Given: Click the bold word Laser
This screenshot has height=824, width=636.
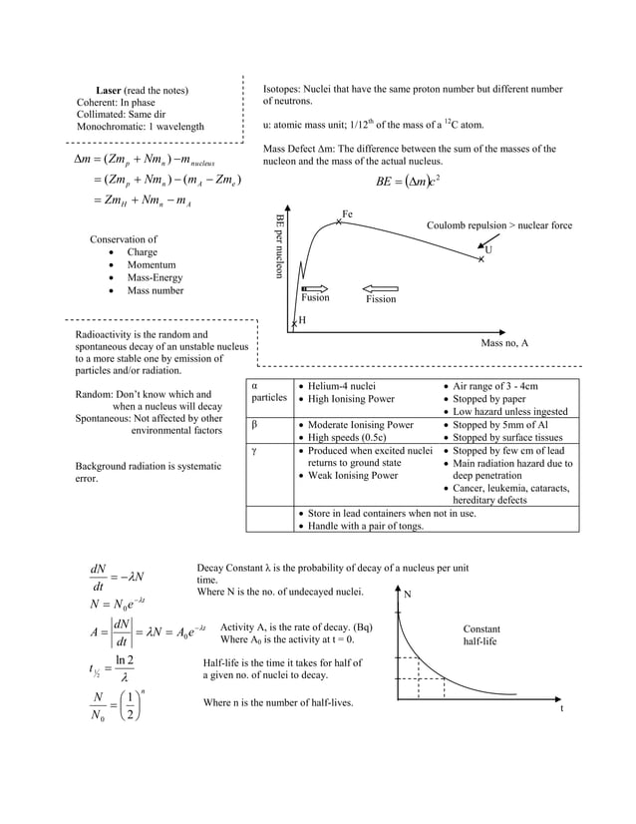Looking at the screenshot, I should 110,91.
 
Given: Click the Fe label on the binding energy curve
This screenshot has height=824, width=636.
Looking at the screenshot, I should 347,214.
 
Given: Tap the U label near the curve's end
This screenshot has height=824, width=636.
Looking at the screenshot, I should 488,250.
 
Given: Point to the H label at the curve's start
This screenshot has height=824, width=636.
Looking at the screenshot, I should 302,319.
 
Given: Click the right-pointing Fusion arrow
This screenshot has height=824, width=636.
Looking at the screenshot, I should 314,288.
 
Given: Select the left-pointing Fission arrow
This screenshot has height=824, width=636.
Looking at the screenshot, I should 381,288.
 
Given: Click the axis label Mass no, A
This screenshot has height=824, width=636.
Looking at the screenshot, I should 504,343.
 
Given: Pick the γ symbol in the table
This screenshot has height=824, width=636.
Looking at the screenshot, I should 255,452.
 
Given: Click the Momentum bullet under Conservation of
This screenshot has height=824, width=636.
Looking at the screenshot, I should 151,265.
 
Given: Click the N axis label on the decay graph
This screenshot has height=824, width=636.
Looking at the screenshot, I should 407,594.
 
